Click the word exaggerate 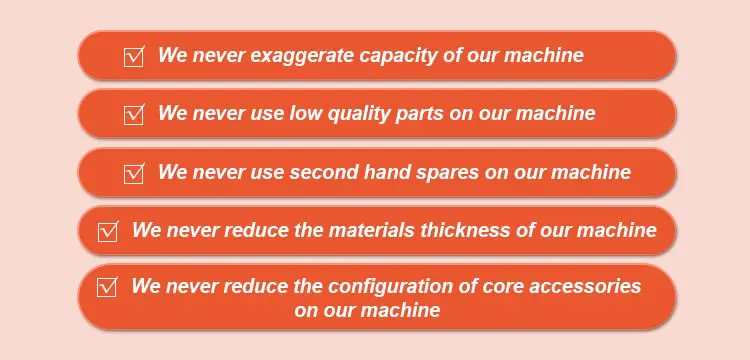pos(303,56)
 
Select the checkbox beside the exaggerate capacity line pos(134,57)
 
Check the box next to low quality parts pos(134,115)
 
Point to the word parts pos(419,115)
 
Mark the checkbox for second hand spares pos(134,173)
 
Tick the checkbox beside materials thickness pos(108,231)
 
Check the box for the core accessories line pos(107,287)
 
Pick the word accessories pos(585,286)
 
